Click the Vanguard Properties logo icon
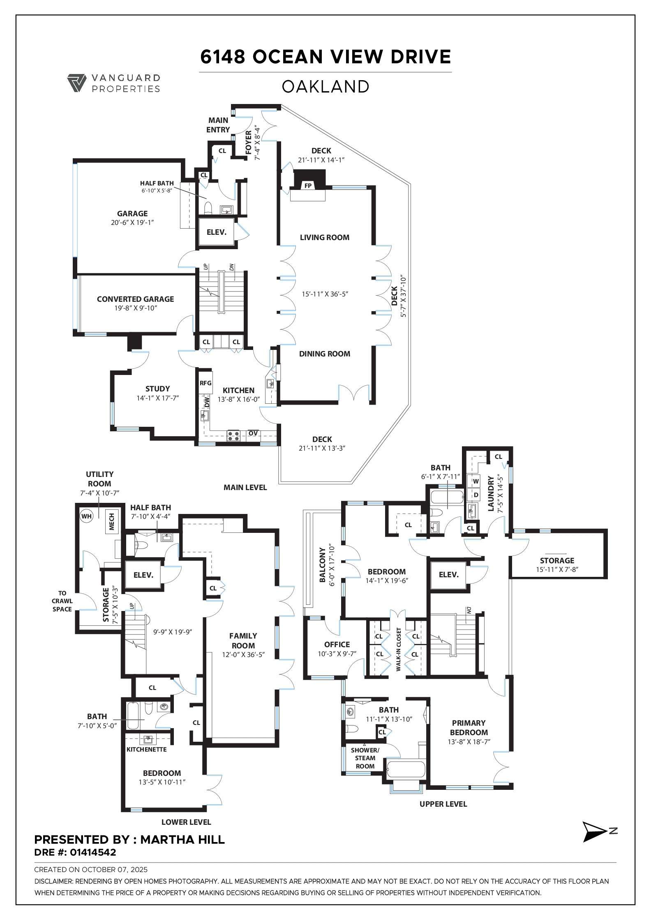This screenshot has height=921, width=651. click(76, 83)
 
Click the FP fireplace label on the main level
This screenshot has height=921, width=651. click(308, 186)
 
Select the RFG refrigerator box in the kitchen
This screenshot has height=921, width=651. click(205, 383)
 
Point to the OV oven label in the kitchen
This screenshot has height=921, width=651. click(253, 433)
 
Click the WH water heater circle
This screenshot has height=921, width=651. click(86, 516)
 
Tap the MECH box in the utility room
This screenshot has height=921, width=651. click(111, 521)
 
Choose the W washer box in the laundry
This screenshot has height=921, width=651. click(476, 481)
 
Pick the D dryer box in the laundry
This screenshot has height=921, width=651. click(476, 495)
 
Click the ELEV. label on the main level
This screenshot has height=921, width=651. click(217, 232)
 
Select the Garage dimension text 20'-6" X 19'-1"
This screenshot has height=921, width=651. click(132, 222)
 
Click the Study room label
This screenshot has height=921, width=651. click(157, 389)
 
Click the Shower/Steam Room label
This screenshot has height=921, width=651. click(365, 758)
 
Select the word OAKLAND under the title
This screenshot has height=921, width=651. click(325, 87)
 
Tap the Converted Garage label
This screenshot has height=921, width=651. click(135, 299)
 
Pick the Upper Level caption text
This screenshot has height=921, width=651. click(443, 804)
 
